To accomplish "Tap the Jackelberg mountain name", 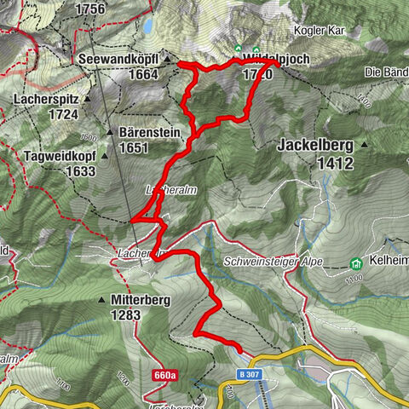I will point(315,146).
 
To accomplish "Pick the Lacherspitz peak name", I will point(46,99).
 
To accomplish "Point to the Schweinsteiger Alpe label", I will point(274,262).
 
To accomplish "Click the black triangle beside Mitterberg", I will point(102,300).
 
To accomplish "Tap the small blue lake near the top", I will point(148,27).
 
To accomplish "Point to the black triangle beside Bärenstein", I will point(112,133).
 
